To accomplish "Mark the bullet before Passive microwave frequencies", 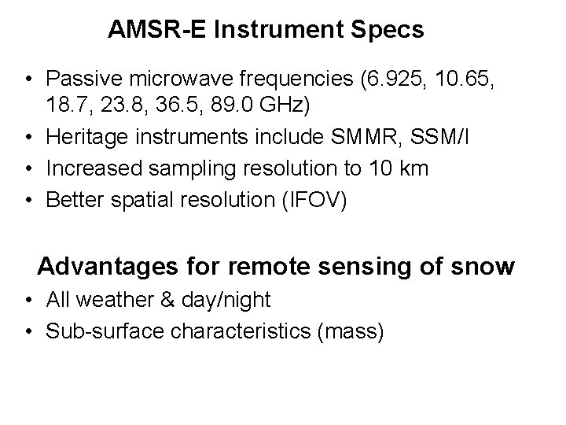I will point(28,79).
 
